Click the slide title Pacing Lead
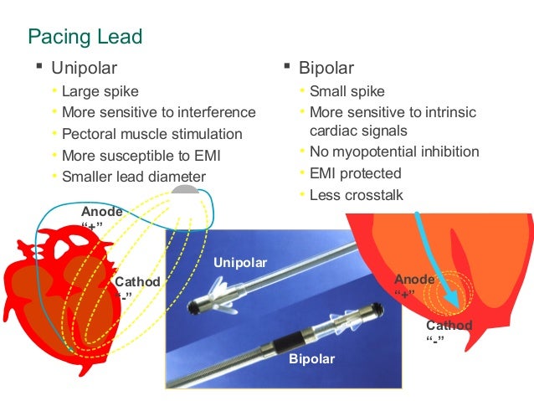click(85, 37)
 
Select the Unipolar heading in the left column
click(84, 68)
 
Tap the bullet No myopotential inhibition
click(394, 152)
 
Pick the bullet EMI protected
click(356, 173)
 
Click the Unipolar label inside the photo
click(240, 263)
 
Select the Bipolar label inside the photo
click(311, 359)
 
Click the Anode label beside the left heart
click(102, 213)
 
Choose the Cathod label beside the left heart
click(137, 282)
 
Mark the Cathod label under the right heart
click(449, 326)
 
